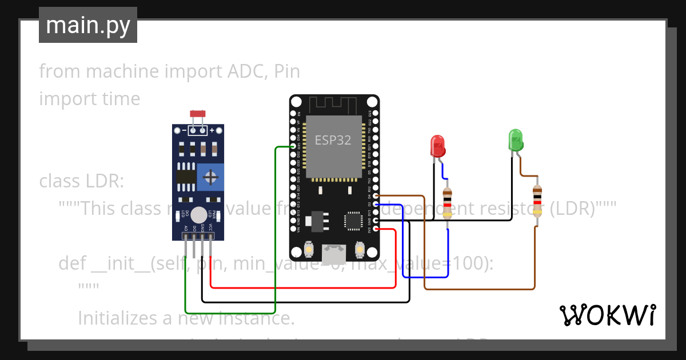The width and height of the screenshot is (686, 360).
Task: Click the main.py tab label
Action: pos(87,25)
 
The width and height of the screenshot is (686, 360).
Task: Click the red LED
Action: pos(438,146)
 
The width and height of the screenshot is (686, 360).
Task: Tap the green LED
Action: pos(516,140)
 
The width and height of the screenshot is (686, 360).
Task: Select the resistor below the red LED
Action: pos(447,203)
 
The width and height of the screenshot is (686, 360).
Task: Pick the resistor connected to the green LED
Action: pos(536,202)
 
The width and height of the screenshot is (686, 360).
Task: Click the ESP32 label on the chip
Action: pos(333,139)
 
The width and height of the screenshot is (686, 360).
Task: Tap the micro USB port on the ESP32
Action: pos(333,254)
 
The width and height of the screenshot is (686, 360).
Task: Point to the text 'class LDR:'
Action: pos(81,182)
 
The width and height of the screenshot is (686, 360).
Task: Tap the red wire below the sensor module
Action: pos(303,287)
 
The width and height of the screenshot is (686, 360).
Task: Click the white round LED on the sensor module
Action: pos(198,215)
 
